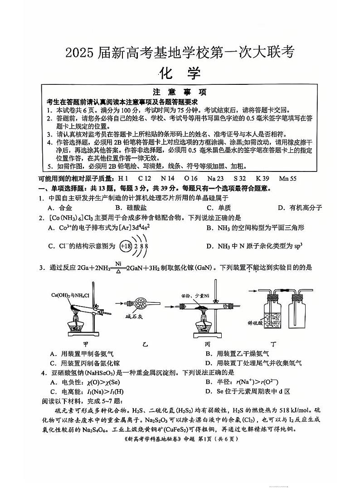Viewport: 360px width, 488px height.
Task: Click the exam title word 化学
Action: pyautogui.click(x=180, y=73)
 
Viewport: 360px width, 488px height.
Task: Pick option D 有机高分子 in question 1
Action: pyautogui.click(x=300, y=208)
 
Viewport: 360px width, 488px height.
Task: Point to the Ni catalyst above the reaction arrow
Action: pyautogui.click(x=118, y=263)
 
